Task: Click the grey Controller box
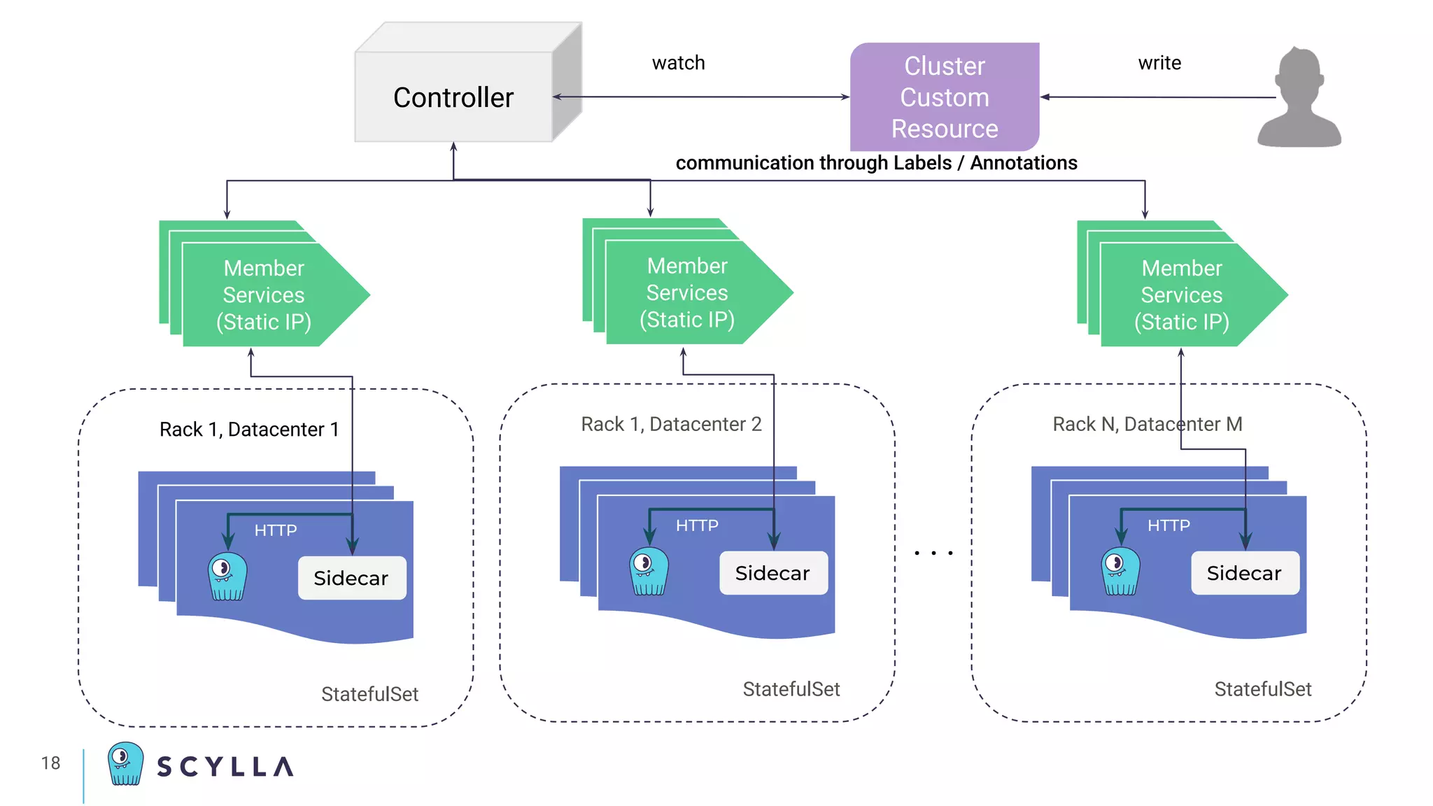tap(453, 97)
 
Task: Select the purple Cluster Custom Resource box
tap(944, 97)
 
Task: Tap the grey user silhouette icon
tap(1299, 98)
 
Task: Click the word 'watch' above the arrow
tap(678, 63)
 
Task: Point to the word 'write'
tap(1159, 63)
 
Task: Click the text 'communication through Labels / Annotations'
tap(875, 163)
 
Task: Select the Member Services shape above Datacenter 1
tap(264, 295)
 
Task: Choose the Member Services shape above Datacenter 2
tap(687, 292)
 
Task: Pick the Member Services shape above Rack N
tap(1181, 295)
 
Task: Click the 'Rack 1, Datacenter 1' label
tap(249, 429)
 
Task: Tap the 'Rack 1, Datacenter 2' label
tap(671, 424)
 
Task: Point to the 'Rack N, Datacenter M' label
tap(1147, 424)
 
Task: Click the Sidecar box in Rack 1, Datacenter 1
tap(351, 578)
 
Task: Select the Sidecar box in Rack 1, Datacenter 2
tap(772, 573)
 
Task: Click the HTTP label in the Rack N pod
tap(1168, 525)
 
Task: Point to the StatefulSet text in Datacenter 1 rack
tap(369, 694)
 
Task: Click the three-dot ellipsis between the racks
tap(933, 553)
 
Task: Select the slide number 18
tap(50, 763)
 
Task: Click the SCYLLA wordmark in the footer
tap(225, 767)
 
